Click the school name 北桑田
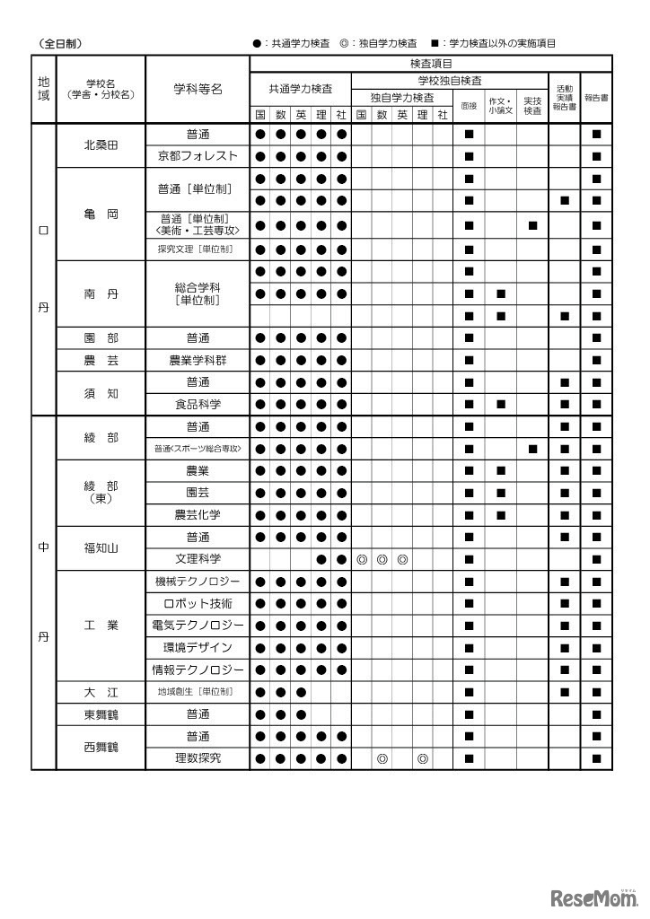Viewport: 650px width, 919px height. pos(101,145)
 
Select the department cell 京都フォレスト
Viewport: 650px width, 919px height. pos(198,156)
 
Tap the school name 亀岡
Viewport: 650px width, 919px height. pos(101,215)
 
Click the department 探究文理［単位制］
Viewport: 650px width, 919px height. pos(198,249)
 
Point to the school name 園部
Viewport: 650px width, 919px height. pos(101,338)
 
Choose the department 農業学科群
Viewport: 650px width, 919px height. pos(198,361)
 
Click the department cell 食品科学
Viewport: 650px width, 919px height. pos(198,405)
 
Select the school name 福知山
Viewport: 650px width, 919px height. pos(101,548)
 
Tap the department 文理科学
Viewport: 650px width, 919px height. pos(198,559)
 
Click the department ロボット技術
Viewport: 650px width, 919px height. pos(198,603)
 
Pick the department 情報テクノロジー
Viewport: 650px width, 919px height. pos(198,670)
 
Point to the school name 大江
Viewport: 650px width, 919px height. pos(101,692)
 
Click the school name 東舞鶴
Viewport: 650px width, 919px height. pos(101,714)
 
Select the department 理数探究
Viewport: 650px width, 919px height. pos(198,758)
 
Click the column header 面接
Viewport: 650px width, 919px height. pos(469,105)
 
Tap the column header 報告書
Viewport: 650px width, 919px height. pos(596,97)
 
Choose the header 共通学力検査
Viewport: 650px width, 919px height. pos(300,89)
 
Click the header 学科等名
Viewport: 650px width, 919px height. pos(198,89)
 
